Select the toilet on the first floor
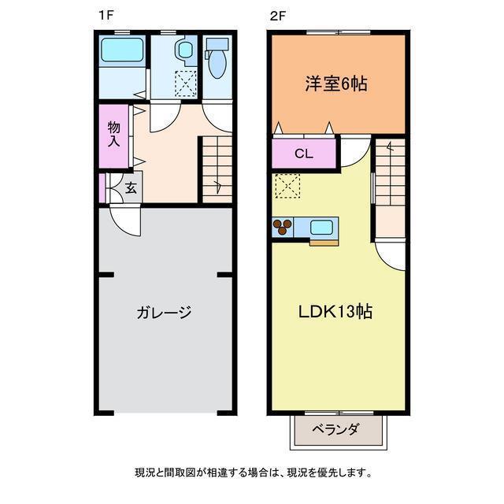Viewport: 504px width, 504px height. click(x=215, y=60)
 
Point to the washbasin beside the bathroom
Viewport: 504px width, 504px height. click(x=187, y=52)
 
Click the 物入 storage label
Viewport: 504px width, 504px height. click(x=114, y=135)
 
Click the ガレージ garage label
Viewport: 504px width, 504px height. click(x=164, y=312)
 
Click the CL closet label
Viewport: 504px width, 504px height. click(x=304, y=154)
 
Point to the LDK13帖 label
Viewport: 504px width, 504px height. click(x=335, y=311)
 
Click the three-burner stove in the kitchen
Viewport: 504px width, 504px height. click(x=282, y=228)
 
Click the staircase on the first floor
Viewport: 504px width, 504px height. click(x=214, y=169)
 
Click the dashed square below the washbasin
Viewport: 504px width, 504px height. click(x=186, y=82)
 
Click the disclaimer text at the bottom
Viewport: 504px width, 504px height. click(x=252, y=473)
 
